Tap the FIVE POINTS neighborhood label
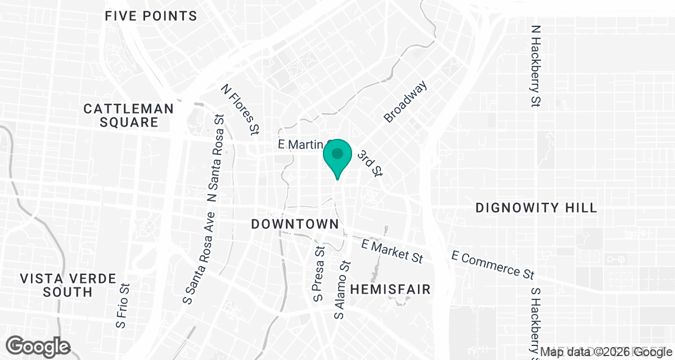151,16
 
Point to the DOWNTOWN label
295,224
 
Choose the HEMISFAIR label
390,290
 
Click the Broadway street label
406,101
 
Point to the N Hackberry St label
535,65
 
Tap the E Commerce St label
493,264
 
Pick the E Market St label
392,251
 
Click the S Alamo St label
342,290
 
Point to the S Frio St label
123,306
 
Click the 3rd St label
371,163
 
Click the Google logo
38,346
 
